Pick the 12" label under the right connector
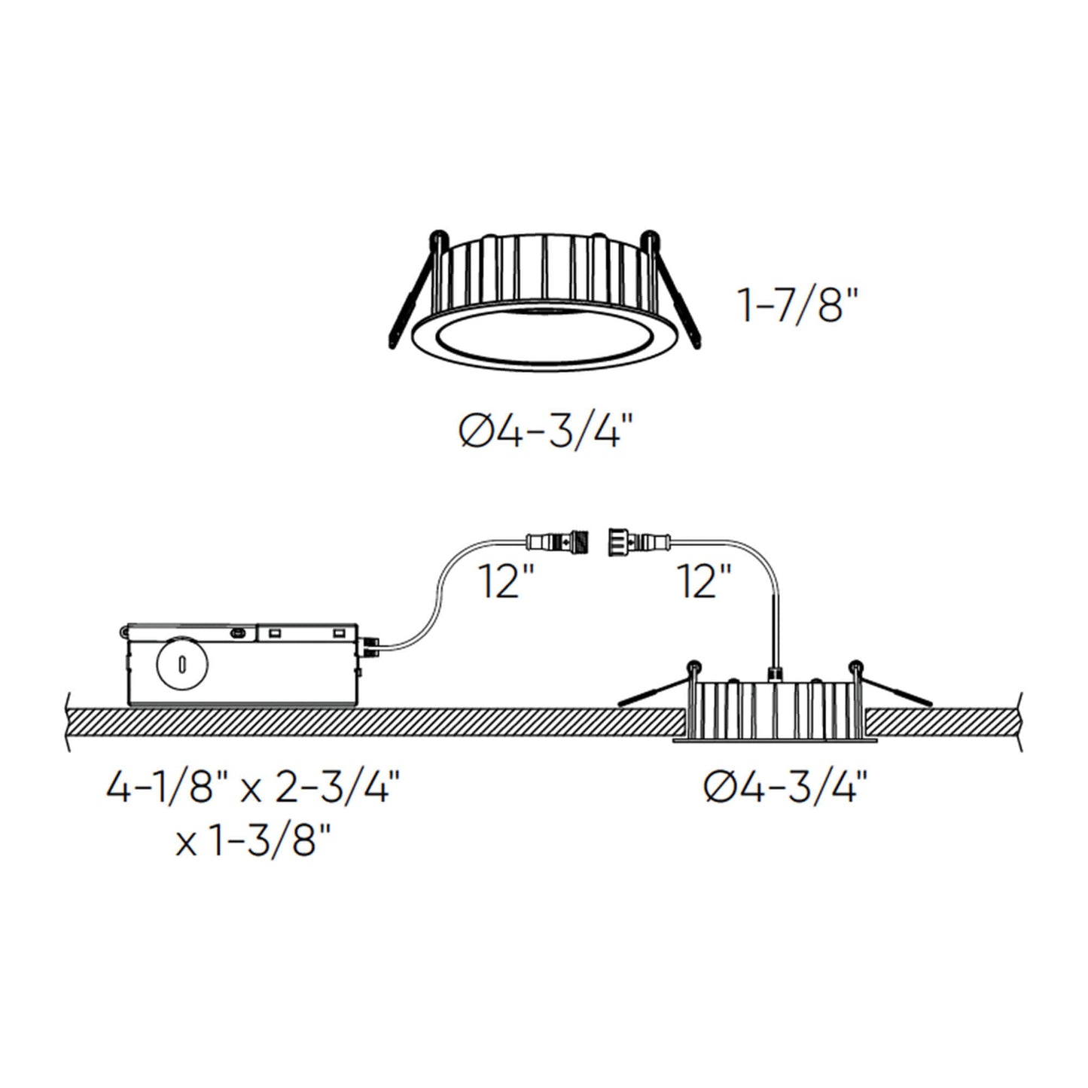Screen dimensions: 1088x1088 pyautogui.click(x=704, y=581)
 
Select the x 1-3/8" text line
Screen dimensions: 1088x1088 pyautogui.click(x=253, y=842)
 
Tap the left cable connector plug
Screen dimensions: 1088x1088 pyautogui.click(x=558, y=540)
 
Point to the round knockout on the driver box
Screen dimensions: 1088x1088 pyautogui.click(x=181, y=663)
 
